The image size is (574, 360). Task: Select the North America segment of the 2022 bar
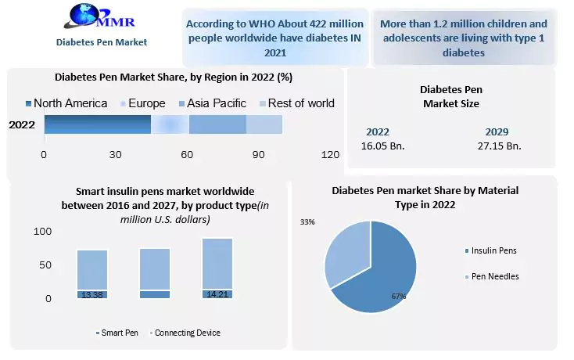click(x=97, y=124)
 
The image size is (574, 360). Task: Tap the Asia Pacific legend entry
click(x=212, y=103)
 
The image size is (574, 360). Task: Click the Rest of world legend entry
click(x=296, y=103)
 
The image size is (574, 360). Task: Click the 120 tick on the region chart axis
click(x=330, y=154)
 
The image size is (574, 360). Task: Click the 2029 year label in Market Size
click(x=496, y=132)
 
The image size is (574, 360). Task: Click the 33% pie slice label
click(x=307, y=222)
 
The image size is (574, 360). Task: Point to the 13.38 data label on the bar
click(x=92, y=294)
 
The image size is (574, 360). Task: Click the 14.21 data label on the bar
click(x=217, y=294)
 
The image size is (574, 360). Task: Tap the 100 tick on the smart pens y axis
click(x=42, y=232)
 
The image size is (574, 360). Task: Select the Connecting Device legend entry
click(x=187, y=333)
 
